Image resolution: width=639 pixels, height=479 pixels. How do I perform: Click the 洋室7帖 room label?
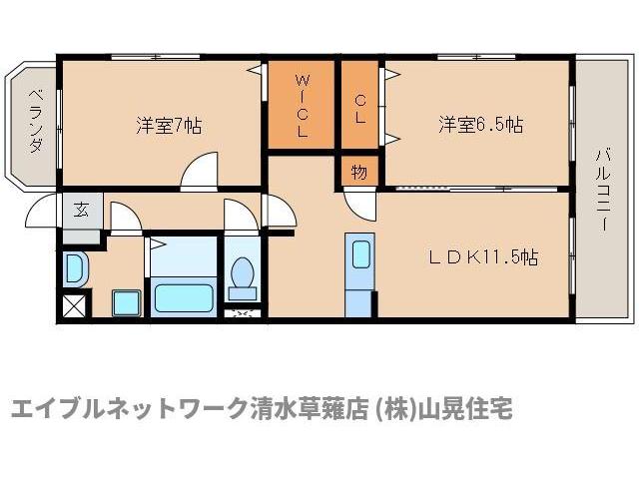pyautogui.click(x=170, y=126)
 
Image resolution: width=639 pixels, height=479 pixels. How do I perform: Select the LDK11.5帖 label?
pyautogui.click(x=483, y=256)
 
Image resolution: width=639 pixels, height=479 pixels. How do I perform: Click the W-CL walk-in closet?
pyautogui.click(x=301, y=105)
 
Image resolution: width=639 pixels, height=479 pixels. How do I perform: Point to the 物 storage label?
pyautogui.click(x=358, y=172)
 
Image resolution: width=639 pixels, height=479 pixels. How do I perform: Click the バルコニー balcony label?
pyautogui.click(x=603, y=191)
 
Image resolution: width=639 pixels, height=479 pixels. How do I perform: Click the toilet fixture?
pyautogui.click(x=241, y=276)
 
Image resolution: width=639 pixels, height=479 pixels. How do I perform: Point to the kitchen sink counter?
pyautogui.click(x=359, y=274)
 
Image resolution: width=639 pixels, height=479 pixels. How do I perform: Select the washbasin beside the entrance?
pyautogui.click(x=76, y=267)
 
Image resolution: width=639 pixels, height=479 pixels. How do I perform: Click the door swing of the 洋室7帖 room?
pyautogui.click(x=200, y=172)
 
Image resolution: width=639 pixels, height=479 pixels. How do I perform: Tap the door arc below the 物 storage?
pyautogui.click(x=359, y=202)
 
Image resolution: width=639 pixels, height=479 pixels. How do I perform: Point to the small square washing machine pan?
pyautogui.click(x=126, y=301)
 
